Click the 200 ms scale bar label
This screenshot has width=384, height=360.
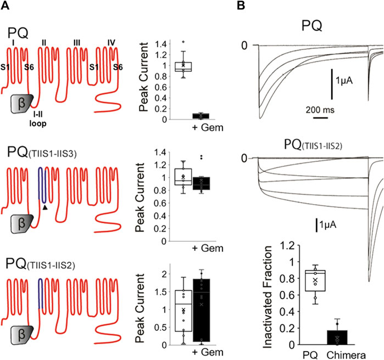[x=319, y=109]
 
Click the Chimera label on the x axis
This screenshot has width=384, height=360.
[x=346, y=353]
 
